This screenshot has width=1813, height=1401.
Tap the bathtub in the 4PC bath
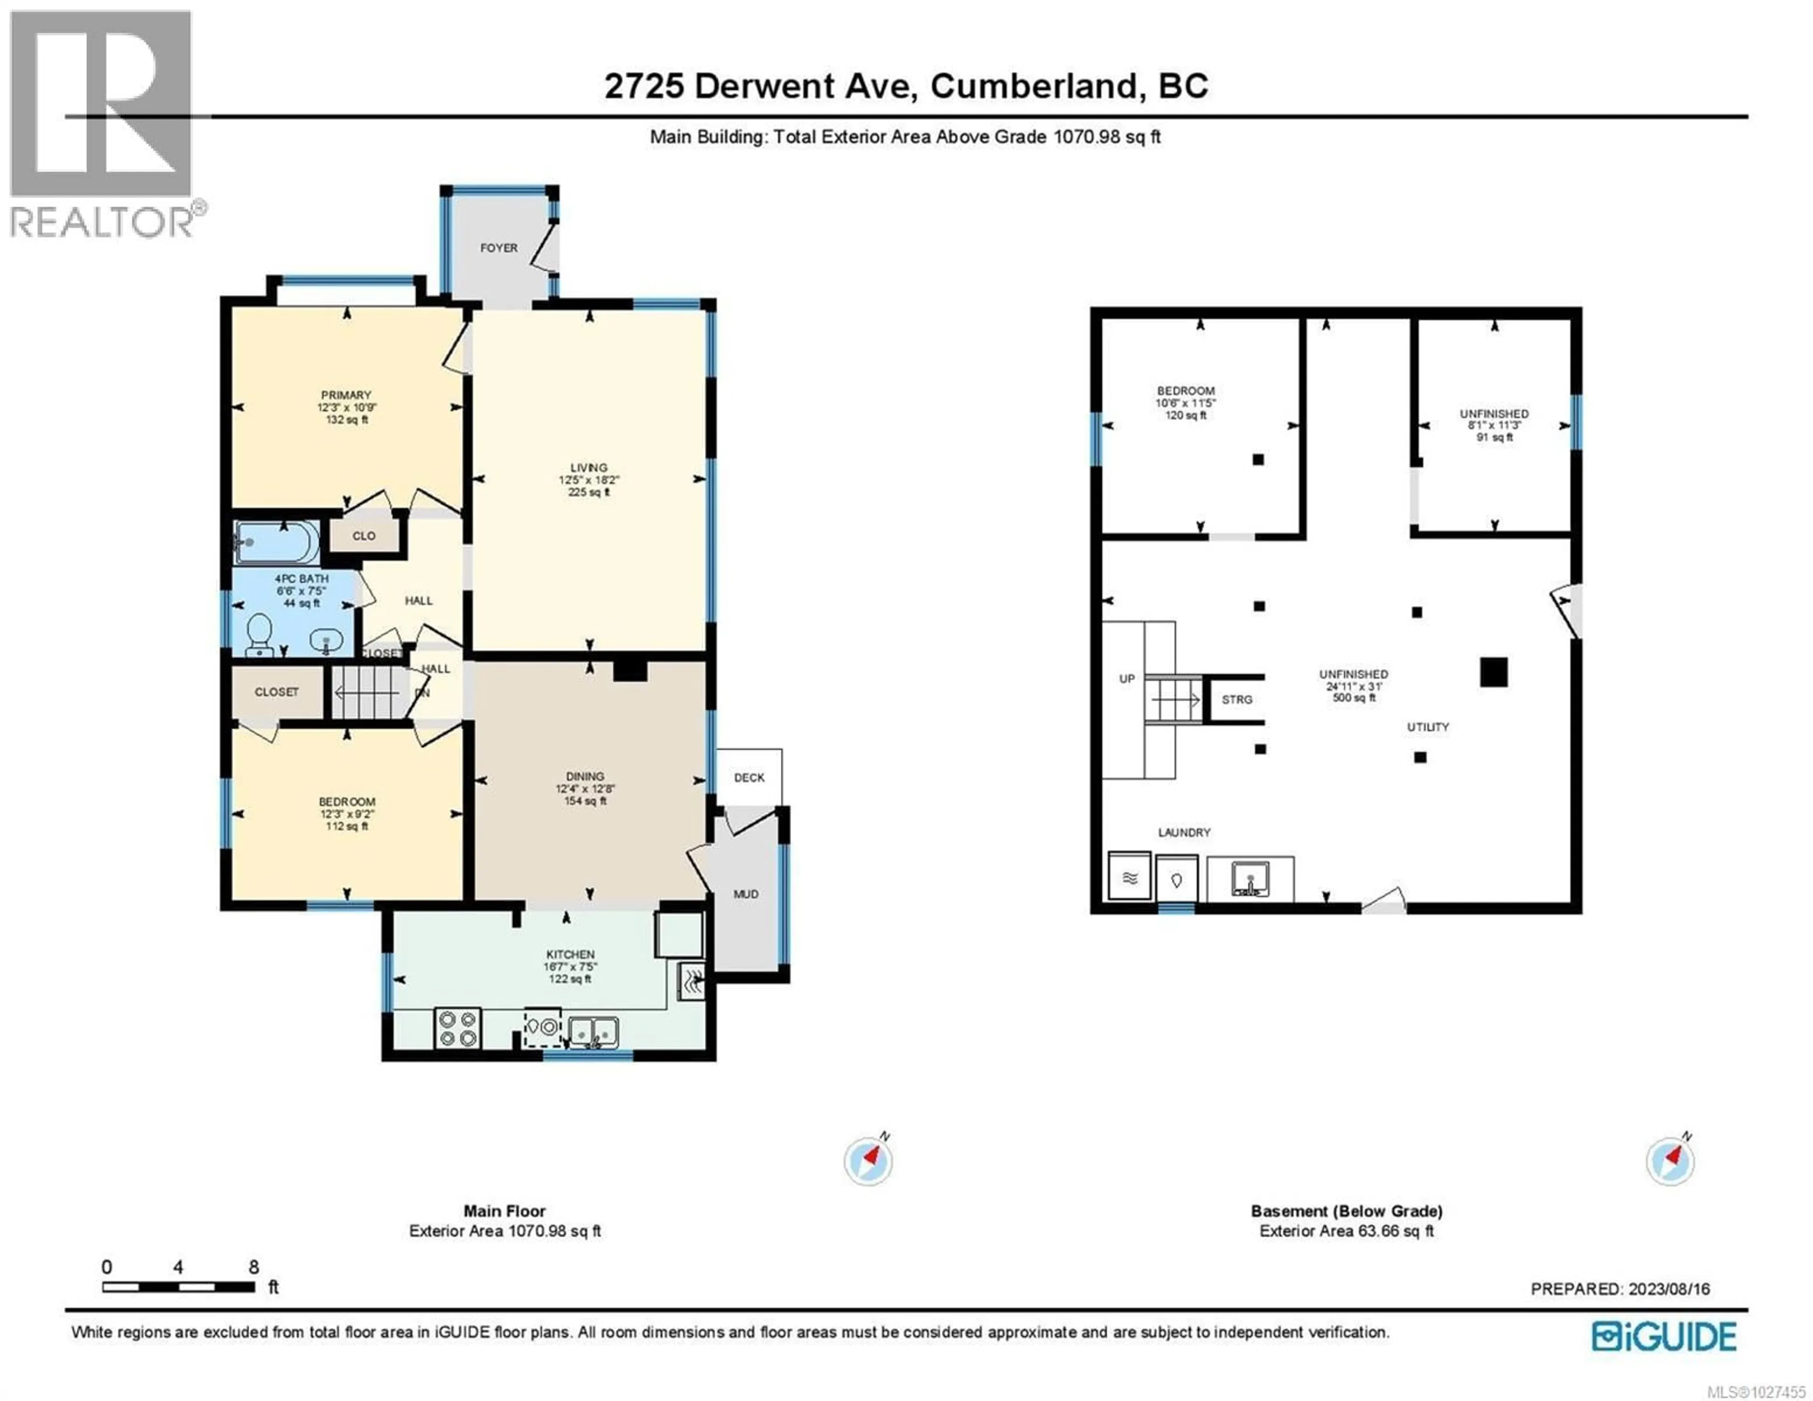pos(276,542)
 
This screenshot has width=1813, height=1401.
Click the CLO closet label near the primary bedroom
pos(364,535)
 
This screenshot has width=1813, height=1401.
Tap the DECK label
pos(749,777)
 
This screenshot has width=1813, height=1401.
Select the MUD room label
pos(746,893)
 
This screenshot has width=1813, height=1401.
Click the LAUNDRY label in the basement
pos(1184,832)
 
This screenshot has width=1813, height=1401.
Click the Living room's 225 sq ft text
pos(589,492)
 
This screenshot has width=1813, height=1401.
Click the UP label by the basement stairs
pos(1127,679)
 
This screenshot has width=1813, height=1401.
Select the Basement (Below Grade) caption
pos(1347,1211)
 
